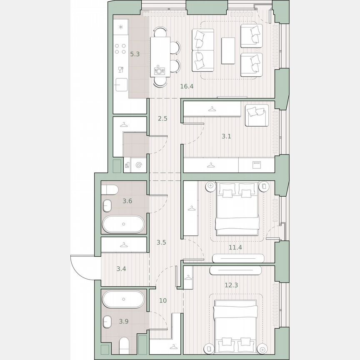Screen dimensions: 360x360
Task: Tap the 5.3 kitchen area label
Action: coord(134,54)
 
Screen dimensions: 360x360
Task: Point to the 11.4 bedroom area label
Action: coord(235,247)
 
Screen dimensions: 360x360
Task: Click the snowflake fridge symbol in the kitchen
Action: coord(121,27)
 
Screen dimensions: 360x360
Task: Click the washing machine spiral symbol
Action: coord(139,165)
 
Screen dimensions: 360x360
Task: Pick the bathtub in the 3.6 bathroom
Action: coord(124,224)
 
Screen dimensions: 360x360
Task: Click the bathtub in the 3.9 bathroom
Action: coord(124,299)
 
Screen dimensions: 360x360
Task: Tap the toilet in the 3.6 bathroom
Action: coord(109,190)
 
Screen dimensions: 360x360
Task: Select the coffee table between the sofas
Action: coord(228,51)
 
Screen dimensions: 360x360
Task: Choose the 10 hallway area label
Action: coord(163,300)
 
